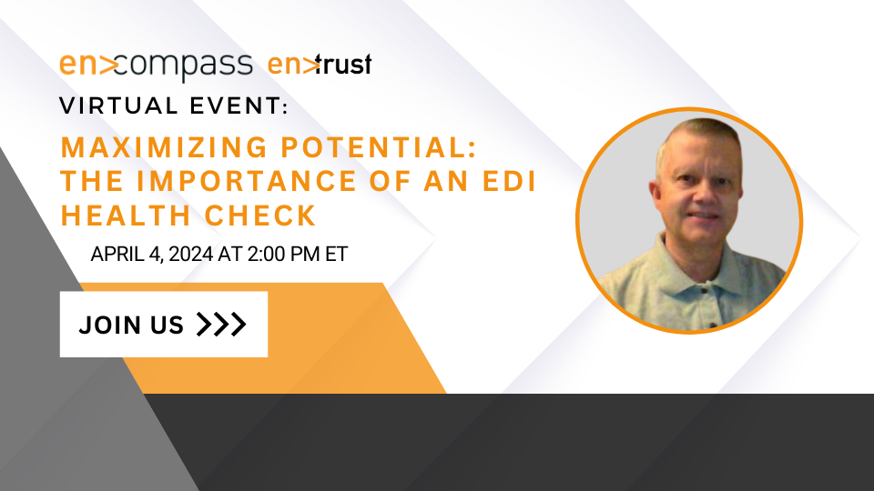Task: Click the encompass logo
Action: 156,66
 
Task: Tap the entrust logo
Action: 320,65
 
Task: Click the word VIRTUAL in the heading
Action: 118,105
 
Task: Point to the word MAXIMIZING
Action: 165,147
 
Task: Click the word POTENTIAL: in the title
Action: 379,147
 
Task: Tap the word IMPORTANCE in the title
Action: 247,182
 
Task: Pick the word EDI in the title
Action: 507,182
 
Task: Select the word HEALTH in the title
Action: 126,215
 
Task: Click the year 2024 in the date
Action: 190,255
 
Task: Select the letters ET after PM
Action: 337,255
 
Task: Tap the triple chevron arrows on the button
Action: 221,325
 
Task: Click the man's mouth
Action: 705,215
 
